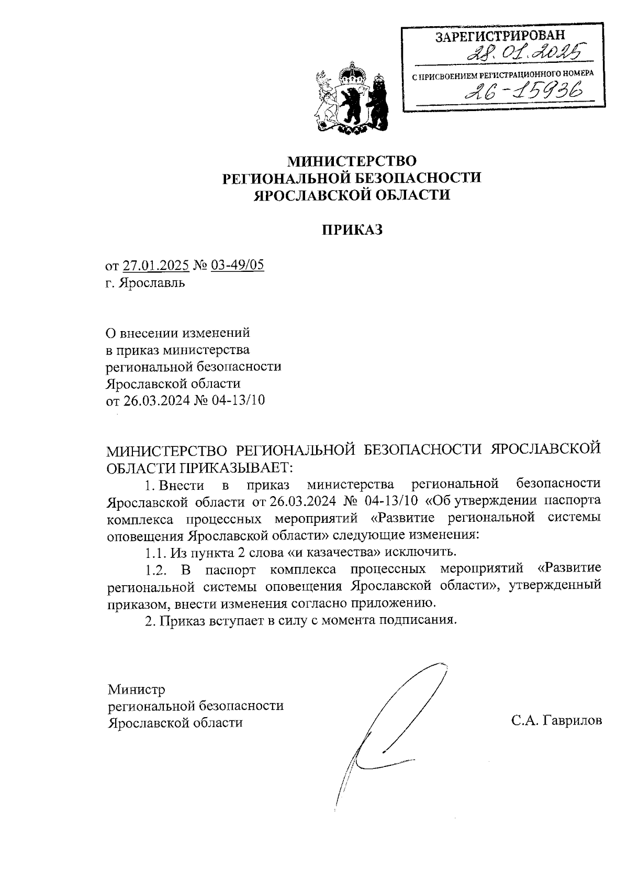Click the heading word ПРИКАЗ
[x=352, y=229]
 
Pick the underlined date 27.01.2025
[x=155, y=265]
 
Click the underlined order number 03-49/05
[x=237, y=265]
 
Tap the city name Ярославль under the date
[x=152, y=283]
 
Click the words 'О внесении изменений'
[x=178, y=333]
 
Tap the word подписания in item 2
[x=418, y=620]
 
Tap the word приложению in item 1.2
[x=396, y=603]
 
